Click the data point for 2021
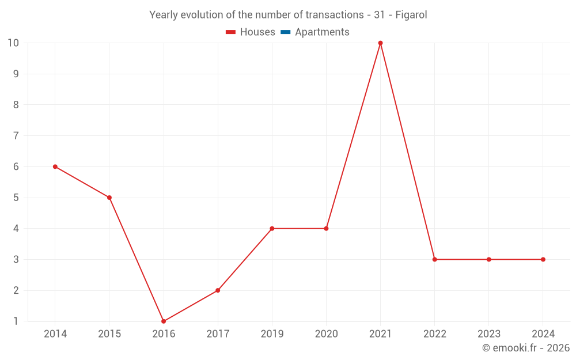(x=380, y=43)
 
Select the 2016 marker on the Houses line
(x=164, y=321)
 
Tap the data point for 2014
(x=55, y=166)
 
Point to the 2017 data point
(x=218, y=290)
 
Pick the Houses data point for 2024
(x=543, y=259)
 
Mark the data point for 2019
(x=272, y=229)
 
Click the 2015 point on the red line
(x=109, y=198)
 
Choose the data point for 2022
(x=435, y=259)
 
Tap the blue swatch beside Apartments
(x=285, y=32)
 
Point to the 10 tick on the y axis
(x=13, y=43)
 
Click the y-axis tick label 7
(x=16, y=135)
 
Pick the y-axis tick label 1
(x=16, y=321)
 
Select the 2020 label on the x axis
(x=326, y=334)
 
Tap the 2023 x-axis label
(x=489, y=334)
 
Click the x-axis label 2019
(x=272, y=334)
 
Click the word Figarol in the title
(x=411, y=15)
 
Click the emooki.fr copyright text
(x=526, y=348)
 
